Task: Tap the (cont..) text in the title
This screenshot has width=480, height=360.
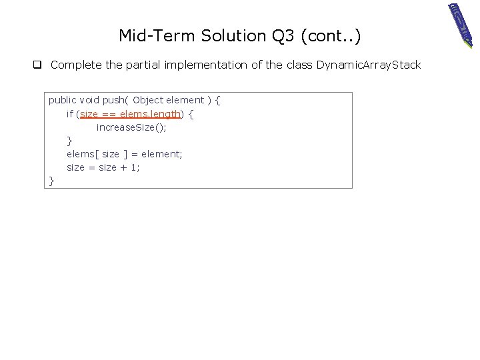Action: tap(331, 36)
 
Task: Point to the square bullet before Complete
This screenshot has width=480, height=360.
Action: tap(39, 65)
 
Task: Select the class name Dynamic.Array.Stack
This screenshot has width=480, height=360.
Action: tap(369, 65)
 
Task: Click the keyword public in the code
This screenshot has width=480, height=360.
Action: tap(63, 100)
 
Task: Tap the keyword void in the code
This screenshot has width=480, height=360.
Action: tap(89, 100)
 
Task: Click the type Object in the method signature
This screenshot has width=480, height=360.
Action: tap(148, 100)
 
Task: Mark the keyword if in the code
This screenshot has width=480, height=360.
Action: tap(69, 114)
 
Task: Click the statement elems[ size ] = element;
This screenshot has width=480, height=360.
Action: tap(124, 154)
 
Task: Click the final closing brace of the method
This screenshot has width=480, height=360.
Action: tap(51, 181)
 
